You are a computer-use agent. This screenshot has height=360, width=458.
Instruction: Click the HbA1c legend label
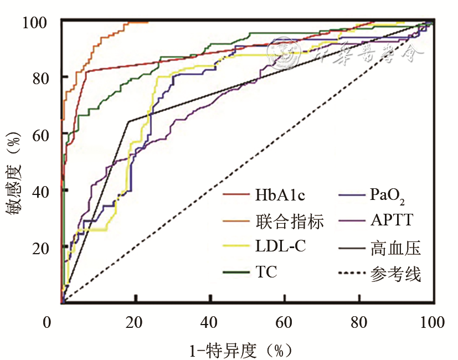pyautogui.click(x=280, y=195)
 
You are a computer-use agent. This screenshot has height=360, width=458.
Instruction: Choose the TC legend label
pyautogui.click(x=266, y=272)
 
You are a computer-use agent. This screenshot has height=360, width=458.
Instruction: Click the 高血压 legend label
pyautogui.click(x=395, y=248)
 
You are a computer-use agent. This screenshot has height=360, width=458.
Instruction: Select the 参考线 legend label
pyautogui.click(x=395, y=274)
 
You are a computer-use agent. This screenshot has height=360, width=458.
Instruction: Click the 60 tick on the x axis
pyautogui.click(x=285, y=323)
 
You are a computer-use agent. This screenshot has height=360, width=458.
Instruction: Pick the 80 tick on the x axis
pyautogui.click(x=359, y=323)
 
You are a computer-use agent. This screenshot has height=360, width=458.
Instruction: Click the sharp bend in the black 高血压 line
pyautogui.click(x=128, y=121)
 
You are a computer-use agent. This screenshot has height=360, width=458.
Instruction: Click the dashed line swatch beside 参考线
pyautogui.click(x=351, y=274)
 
